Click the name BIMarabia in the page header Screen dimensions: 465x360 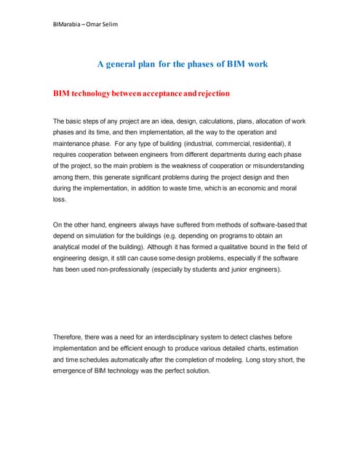pos(68,24)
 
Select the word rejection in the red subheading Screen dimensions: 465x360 pos(207,94)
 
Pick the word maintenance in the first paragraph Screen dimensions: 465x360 pos(76,145)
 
